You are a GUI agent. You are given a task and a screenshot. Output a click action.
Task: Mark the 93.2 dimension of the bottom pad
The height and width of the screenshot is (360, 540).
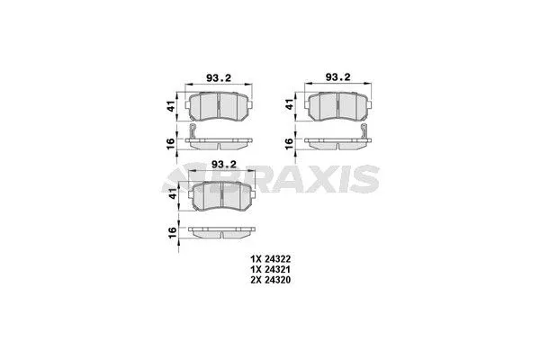click(x=221, y=165)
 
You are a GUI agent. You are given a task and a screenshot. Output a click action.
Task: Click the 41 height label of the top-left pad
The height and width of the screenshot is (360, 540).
click(x=171, y=106)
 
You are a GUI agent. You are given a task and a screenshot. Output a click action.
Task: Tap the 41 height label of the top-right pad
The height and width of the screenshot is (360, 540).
click(x=289, y=106)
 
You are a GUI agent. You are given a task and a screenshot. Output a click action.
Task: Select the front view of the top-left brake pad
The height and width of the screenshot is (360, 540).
click(x=220, y=107)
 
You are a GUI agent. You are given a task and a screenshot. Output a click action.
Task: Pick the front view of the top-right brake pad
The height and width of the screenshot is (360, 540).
click(x=337, y=107)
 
